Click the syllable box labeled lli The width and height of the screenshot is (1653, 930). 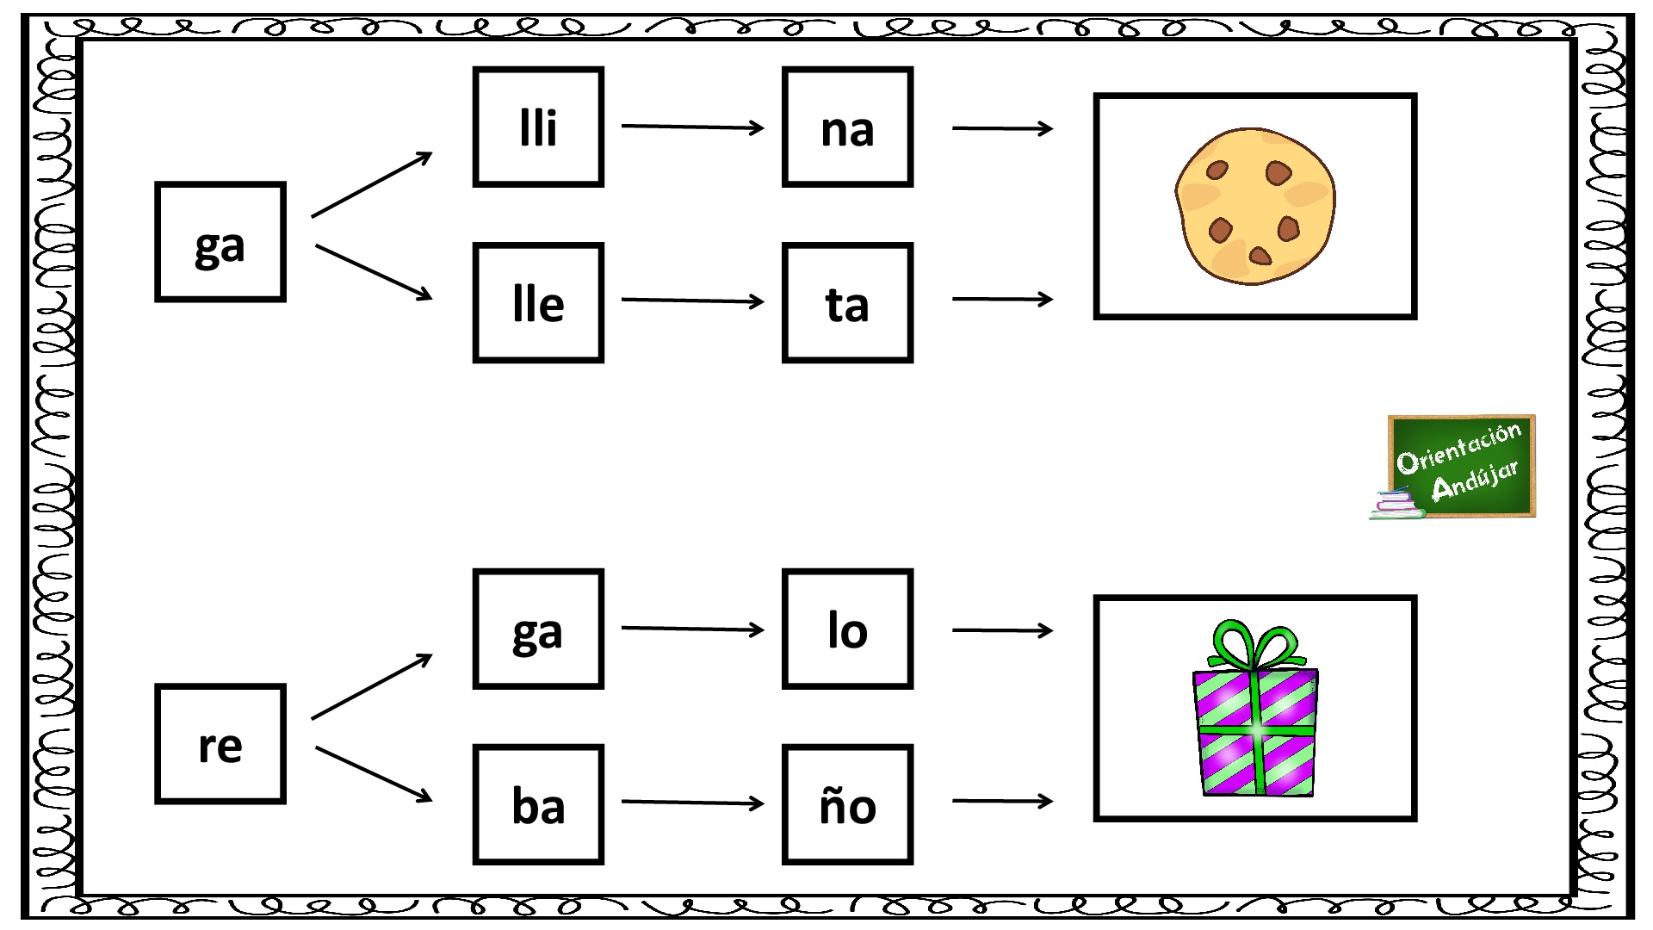538,127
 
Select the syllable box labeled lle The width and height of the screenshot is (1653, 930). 538,302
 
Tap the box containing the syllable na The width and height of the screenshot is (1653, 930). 847,127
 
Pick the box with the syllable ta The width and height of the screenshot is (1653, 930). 847,302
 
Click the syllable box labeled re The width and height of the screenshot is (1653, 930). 220,744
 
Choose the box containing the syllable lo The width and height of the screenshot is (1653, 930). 847,629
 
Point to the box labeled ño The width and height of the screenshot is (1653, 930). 847,804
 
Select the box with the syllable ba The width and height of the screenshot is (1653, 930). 538,804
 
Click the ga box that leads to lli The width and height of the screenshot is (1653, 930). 220,242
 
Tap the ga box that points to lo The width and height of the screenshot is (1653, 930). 538,629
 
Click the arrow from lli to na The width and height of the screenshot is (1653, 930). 693,127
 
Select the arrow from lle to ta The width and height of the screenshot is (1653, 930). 693,301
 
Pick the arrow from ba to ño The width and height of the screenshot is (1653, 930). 693,803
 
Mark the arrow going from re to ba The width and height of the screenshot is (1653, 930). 374,774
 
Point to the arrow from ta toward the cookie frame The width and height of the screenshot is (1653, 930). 1003,299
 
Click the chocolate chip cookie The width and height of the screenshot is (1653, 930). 1255,207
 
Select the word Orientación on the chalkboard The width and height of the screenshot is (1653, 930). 1459,448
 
